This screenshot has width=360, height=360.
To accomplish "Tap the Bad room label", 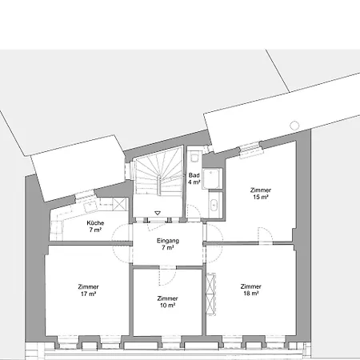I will [x=194, y=174].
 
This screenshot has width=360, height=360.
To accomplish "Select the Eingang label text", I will [x=168, y=241].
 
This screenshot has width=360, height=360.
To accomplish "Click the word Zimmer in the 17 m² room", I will [x=88, y=286].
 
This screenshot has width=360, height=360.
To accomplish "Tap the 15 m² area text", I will [x=260, y=197].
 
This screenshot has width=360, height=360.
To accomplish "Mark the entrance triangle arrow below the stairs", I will [x=158, y=213].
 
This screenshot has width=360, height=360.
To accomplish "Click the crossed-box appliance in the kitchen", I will [x=120, y=205].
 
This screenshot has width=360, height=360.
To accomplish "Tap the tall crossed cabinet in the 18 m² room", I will [x=211, y=294].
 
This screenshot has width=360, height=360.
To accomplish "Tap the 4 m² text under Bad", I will [x=194, y=182].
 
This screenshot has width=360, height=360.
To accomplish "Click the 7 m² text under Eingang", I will [x=168, y=248].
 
